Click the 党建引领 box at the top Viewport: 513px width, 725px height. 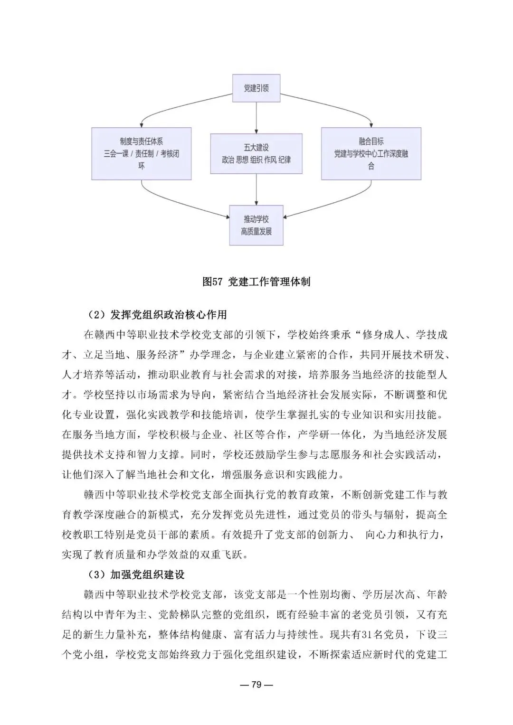(x=256, y=88)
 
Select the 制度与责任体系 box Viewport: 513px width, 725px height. (x=142, y=153)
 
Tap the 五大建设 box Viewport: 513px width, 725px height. (x=256, y=153)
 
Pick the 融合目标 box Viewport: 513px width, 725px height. (x=371, y=153)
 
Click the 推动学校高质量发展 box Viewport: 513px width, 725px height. (x=256, y=226)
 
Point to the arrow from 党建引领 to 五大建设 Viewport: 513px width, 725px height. (x=256, y=117)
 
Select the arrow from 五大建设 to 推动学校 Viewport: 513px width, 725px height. (x=256, y=189)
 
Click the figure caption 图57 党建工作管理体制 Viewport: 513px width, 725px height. (x=256, y=282)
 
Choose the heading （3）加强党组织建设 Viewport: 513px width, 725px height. (x=136, y=574)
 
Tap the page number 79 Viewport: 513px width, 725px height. (x=256, y=685)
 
